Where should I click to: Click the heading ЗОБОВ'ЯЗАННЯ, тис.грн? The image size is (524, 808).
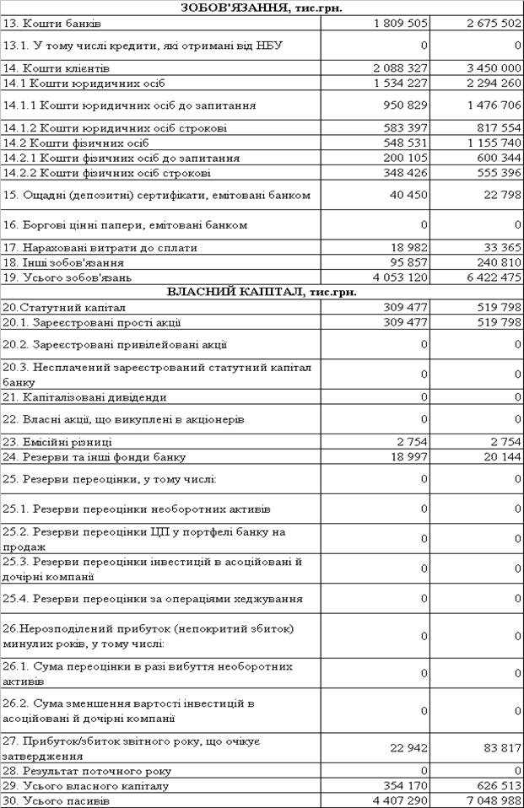click(262, 8)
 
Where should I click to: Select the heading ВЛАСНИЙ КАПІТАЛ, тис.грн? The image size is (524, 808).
click(262, 292)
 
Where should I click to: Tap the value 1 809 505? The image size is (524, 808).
click(400, 22)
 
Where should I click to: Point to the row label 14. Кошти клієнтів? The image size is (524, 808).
click(68, 67)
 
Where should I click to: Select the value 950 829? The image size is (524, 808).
click(404, 105)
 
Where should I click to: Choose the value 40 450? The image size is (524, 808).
click(408, 195)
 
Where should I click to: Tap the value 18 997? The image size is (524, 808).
click(408, 457)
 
